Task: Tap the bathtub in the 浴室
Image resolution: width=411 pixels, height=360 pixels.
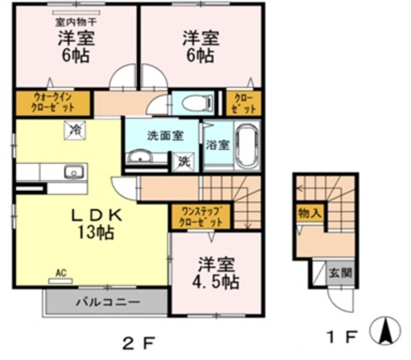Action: pos(247,147)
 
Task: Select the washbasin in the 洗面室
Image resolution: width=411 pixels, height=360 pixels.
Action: pos(140,157)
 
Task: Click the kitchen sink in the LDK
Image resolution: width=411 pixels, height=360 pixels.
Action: pos(74,172)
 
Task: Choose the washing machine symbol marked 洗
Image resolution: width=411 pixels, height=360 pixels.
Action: pos(183,162)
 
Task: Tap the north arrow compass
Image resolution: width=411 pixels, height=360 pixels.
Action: pos(385,330)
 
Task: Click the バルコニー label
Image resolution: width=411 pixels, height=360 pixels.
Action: pos(108,302)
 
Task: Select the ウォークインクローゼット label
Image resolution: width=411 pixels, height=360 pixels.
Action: pos(53,103)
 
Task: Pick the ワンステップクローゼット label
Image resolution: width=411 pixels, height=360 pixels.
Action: pos(200,216)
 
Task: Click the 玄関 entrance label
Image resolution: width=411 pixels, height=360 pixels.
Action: pos(340,273)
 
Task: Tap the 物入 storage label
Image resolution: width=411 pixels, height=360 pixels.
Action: pos(310,213)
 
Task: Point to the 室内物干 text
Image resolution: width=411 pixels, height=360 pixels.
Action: pos(76,22)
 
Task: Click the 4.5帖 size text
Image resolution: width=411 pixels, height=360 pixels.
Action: pos(216,282)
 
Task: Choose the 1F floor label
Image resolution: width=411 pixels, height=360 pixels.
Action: pos(342,337)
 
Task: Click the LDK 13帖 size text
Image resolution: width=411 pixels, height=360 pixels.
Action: pos(96,232)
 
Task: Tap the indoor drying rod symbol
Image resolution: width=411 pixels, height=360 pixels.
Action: pos(76,13)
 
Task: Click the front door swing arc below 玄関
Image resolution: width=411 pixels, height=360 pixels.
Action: pos(338,304)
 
